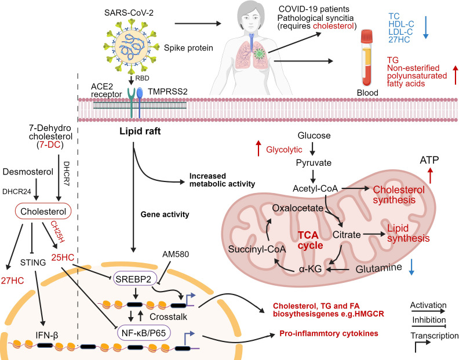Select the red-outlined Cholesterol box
click(43, 212)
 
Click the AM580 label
click(176, 254)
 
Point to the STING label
click(33, 263)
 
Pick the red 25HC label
click(63, 257)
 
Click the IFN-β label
click(47, 334)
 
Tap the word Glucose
click(314, 135)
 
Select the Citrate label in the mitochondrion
click(347, 235)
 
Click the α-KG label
click(310, 268)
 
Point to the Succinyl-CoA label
click(257, 249)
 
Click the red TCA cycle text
click(310, 240)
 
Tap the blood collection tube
click(367, 58)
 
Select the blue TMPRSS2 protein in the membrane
click(140, 103)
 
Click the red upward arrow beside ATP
click(430, 175)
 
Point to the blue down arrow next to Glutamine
click(411, 267)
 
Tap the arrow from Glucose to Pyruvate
click(312, 149)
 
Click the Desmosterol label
click(28, 172)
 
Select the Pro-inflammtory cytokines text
click(329, 333)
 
